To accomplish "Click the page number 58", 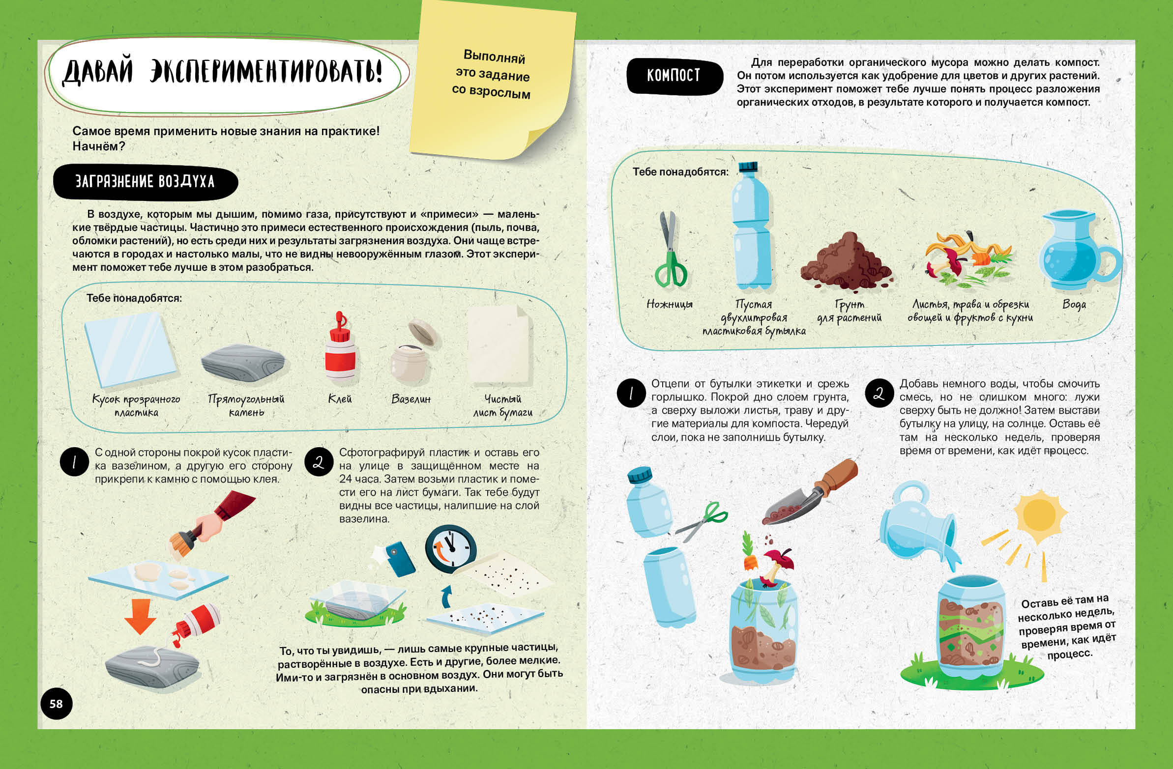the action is [x=56, y=704].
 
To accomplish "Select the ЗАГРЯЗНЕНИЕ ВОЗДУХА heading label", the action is [x=145, y=182].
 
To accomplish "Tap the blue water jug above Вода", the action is [x=1077, y=251].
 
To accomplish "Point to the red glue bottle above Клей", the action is [x=339, y=348].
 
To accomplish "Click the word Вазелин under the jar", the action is [x=411, y=399].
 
